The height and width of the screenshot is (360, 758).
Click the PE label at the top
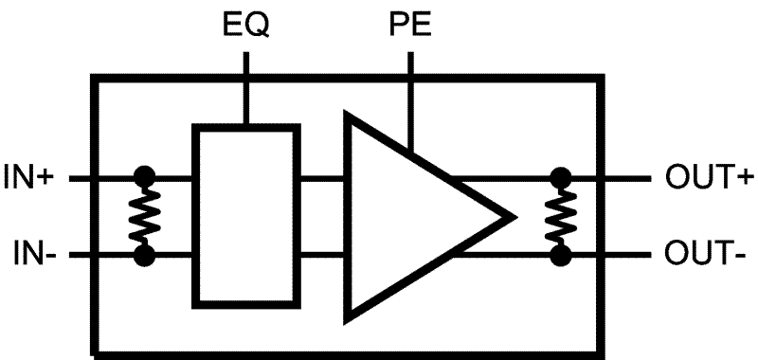click(410, 23)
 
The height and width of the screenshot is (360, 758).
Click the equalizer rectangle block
click(246, 216)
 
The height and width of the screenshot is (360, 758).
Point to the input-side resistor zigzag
click(145, 216)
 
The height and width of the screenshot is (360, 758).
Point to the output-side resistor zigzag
click(562, 216)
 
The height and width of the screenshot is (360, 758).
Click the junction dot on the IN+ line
click(145, 177)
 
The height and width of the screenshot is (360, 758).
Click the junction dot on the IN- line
click(145, 256)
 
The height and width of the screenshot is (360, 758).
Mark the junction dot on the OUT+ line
click(562, 177)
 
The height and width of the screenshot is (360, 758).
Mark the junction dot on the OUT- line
click(562, 256)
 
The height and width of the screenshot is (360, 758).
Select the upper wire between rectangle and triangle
click(322, 177)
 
